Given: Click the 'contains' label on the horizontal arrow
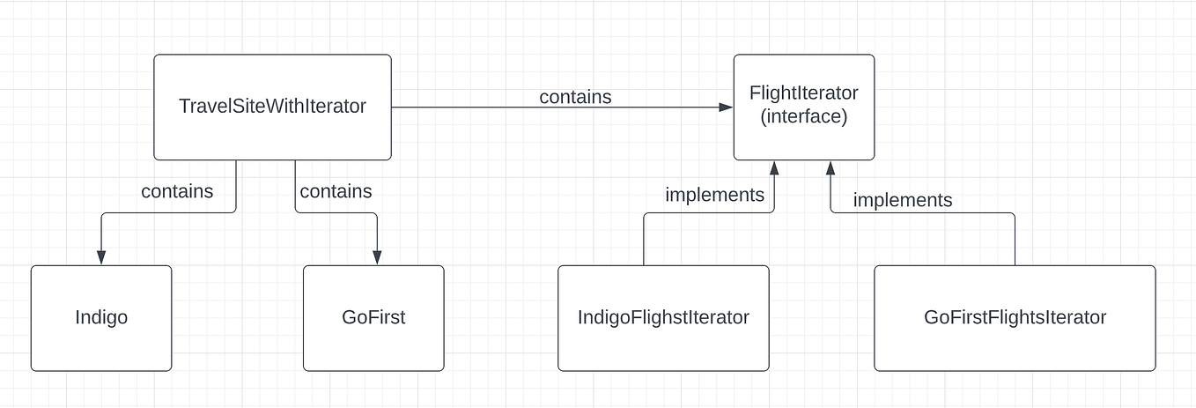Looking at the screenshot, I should click(575, 97).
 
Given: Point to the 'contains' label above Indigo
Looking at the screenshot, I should click(177, 191).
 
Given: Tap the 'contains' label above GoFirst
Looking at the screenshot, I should click(336, 191).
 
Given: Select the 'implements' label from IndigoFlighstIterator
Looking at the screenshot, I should click(714, 195).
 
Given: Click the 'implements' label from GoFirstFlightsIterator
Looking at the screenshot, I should click(903, 200).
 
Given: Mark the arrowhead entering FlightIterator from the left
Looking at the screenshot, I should click(727, 108).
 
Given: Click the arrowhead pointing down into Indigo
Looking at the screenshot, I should click(101, 257).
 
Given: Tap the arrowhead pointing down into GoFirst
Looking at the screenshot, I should click(377, 257).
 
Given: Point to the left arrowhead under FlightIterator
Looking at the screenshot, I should click(774, 167).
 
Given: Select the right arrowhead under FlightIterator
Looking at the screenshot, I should click(830, 167).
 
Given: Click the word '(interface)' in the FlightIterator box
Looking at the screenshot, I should click(803, 116).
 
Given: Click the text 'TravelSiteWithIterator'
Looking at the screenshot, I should click(272, 107).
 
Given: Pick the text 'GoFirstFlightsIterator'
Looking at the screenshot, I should click(1015, 317).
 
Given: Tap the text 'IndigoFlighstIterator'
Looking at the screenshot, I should click(663, 317).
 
